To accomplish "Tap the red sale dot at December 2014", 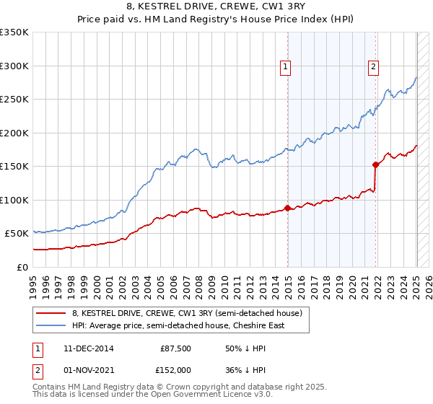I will click(x=288, y=208).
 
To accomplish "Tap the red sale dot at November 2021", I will click(x=376, y=164).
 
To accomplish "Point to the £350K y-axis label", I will click(x=14, y=32).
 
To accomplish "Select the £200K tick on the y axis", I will click(x=14, y=133).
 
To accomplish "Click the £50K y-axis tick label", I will click(x=17, y=234).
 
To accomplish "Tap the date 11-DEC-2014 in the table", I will click(x=88, y=348).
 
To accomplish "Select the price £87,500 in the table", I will click(x=175, y=348).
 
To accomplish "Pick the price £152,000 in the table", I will click(x=174, y=370).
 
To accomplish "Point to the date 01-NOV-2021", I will click(x=88, y=370).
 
